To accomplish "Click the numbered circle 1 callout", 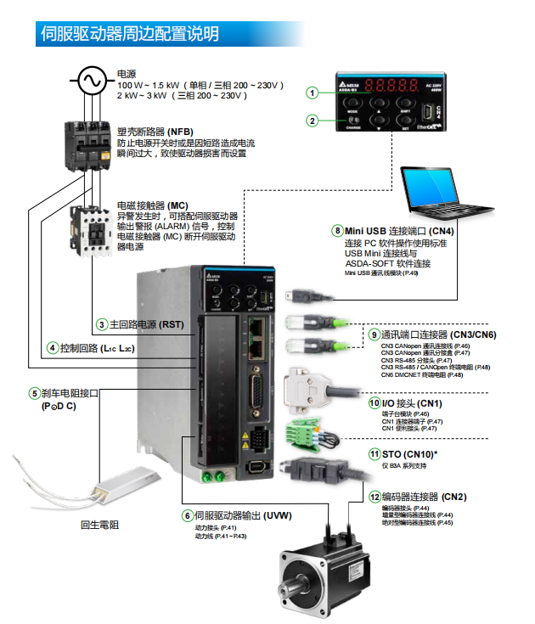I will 313,93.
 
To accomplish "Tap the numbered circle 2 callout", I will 313,121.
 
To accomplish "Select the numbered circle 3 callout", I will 102,323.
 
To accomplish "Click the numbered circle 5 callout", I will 34,393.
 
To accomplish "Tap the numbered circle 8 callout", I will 337,231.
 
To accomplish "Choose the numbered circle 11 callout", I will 374,454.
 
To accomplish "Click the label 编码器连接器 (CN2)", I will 424,497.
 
